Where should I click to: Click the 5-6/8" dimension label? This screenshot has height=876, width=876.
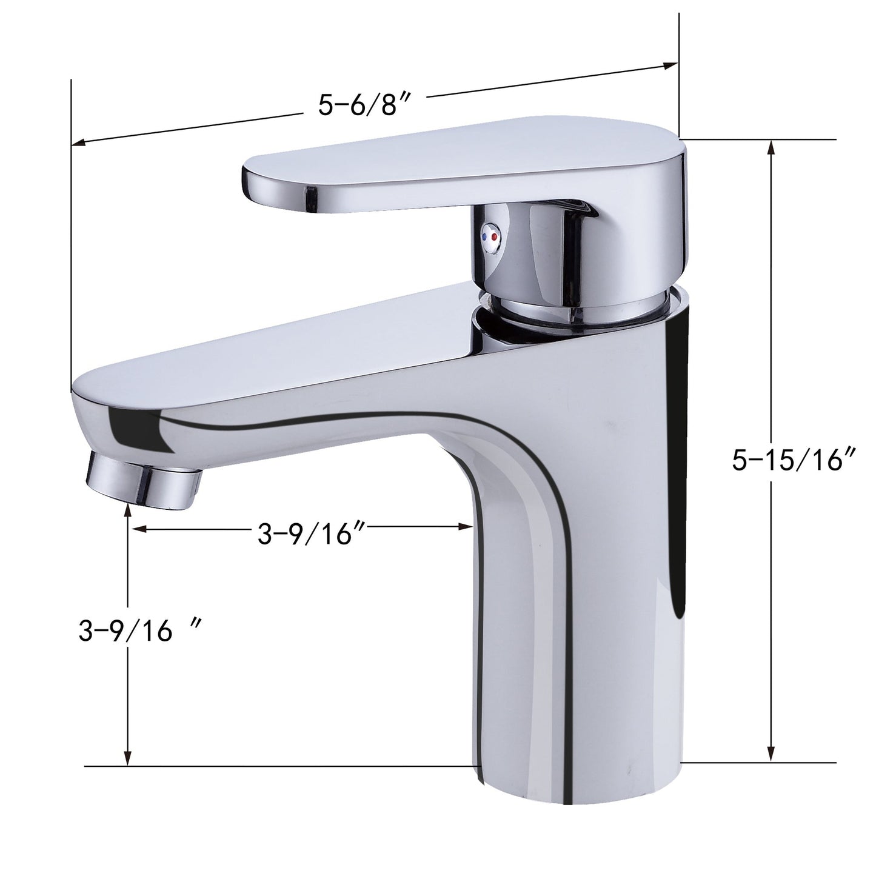point(366,105)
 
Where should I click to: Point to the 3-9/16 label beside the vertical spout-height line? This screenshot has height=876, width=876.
point(140,632)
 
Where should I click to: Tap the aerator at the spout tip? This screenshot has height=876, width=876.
point(144,480)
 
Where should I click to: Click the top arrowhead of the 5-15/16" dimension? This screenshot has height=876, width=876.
point(771,145)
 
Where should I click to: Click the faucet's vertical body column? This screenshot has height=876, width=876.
point(582,606)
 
